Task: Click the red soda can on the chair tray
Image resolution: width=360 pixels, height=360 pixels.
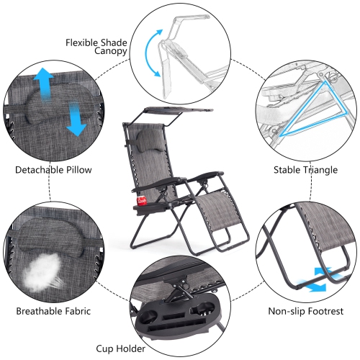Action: pyautogui.click(x=142, y=201)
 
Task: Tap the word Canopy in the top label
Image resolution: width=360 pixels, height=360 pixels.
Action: pyautogui.click(x=110, y=51)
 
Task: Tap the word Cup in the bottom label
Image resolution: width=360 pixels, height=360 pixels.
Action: pyautogui.click(x=104, y=348)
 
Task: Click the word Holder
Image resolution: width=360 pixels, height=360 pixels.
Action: pyautogui.click(x=130, y=348)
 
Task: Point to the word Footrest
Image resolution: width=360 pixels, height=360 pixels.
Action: pyautogui.click(x=325, y=311)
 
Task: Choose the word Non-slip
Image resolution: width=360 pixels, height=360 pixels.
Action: pyautogui.click(x=287, y=311)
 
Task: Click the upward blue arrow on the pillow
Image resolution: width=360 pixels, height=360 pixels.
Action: pyautogui.click(x=44, y=84)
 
